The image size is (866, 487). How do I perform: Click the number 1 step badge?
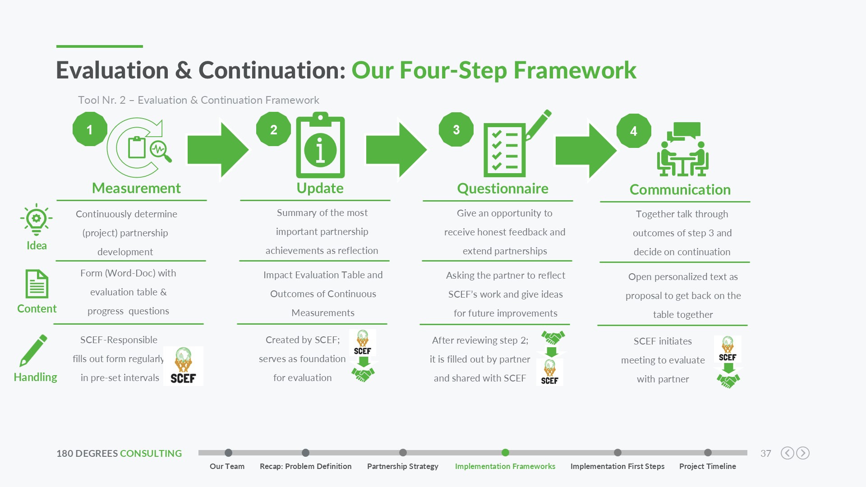coord(90,129)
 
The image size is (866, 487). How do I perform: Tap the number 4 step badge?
coord(634,131)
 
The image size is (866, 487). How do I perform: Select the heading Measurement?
coord(136,188)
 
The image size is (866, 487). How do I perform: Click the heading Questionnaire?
coord(502,188)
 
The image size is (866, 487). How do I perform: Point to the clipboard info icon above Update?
coord(320,145)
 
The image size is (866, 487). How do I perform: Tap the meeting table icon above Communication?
coord(682,149)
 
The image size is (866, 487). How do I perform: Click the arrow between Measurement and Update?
coord(218,150)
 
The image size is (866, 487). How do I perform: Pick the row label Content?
coord(37,309)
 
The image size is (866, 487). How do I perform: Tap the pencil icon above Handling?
coord(33,351)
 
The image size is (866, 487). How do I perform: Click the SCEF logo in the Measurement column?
coord(183,366)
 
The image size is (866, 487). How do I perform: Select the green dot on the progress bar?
coord(505,453)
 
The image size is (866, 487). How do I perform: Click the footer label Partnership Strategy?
coord(402,466)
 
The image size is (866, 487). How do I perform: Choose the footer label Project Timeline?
coord(707,466)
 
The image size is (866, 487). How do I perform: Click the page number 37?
coord(765,454)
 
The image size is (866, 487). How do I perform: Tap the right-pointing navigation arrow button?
coord(803,453)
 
